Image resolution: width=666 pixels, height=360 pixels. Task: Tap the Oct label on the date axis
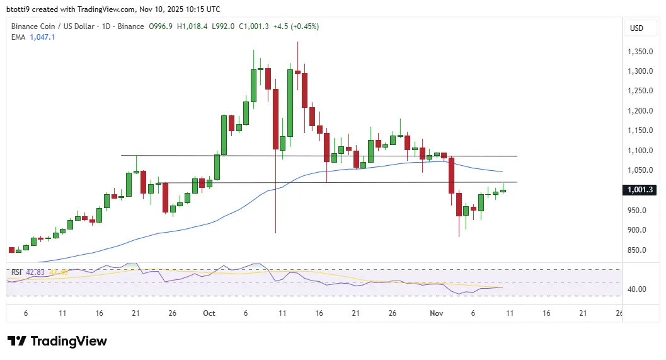[210, 313]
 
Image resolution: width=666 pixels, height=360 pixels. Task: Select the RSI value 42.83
[35, 272]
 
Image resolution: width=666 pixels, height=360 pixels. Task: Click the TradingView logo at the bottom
[57, 341]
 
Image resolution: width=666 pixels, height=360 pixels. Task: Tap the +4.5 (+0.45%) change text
[295, 26]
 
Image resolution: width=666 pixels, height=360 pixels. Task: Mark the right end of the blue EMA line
[502, 171]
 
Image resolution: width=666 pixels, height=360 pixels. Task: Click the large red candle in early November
[451, 175]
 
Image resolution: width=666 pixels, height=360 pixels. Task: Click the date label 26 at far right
[619, 313]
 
